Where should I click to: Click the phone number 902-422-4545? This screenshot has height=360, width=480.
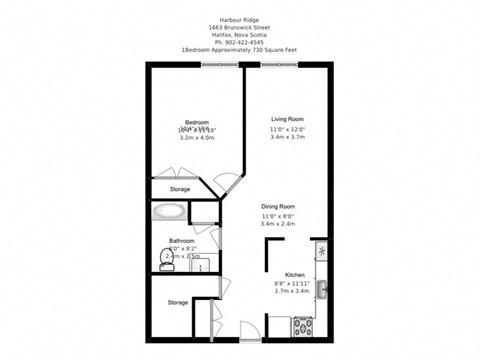tap(241, 41)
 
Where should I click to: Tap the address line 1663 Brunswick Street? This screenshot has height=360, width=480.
tap(241, 21)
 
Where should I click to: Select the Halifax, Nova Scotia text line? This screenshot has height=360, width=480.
tap(241, 31)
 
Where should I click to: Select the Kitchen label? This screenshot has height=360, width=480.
tap(295, 274)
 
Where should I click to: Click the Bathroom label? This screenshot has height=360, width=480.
tap(181, 241)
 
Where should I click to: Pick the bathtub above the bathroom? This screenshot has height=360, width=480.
tap(168, 213)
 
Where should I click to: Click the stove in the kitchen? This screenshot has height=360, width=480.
tap(301, 325)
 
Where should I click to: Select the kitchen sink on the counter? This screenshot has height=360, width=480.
tap(321, 289)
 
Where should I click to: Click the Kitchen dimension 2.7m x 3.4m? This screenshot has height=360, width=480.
tap(295, 292)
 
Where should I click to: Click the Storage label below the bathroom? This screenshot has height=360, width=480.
tap(178, 302)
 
